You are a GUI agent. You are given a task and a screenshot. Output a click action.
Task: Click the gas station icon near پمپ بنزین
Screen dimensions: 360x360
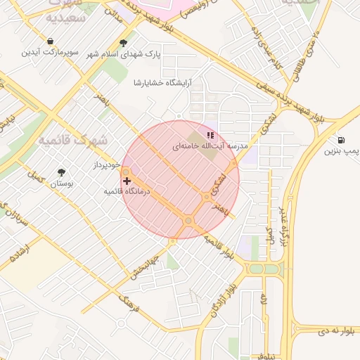tap(341, 139)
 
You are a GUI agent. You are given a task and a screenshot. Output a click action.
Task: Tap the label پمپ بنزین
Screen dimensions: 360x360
tap(342, 150)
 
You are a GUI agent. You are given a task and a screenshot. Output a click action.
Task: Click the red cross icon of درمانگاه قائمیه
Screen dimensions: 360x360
tap(127, 181)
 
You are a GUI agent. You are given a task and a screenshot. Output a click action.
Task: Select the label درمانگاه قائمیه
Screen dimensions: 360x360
tap(128, 191)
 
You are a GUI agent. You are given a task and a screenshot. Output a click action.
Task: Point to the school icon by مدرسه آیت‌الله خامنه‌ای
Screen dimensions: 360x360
tap(210, 135)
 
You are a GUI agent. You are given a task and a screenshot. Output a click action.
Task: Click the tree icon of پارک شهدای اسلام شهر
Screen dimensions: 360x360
tap(124, 43)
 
